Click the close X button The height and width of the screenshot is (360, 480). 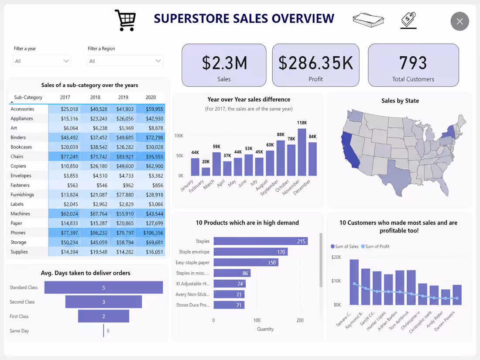[x=459, y=21]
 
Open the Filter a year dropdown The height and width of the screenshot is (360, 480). [x=42, y=61]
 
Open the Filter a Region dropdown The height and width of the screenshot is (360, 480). [x=125, y=61]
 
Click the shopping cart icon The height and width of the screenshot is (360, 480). [x=125, y=20]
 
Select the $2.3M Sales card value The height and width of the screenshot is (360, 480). [x=224, y=63]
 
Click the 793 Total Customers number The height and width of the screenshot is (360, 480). [x=413, y=63]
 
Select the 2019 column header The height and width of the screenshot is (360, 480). [x=123, y=97]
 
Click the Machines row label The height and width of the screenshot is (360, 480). [x=20, y=213]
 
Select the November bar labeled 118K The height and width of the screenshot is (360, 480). [x=302, y=152]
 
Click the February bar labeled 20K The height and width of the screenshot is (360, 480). [x=206, y=171]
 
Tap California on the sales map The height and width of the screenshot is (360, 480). [x=350, y=150]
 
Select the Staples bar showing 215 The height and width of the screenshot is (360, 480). [x=261, y=241]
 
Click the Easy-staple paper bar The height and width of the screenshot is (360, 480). [x=246, y=262]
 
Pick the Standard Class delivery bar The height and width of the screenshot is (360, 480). [x=103, y=288]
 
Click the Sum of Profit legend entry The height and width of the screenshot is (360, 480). [x=375, y=247]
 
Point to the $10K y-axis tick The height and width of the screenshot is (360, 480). [x=336, y=281]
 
